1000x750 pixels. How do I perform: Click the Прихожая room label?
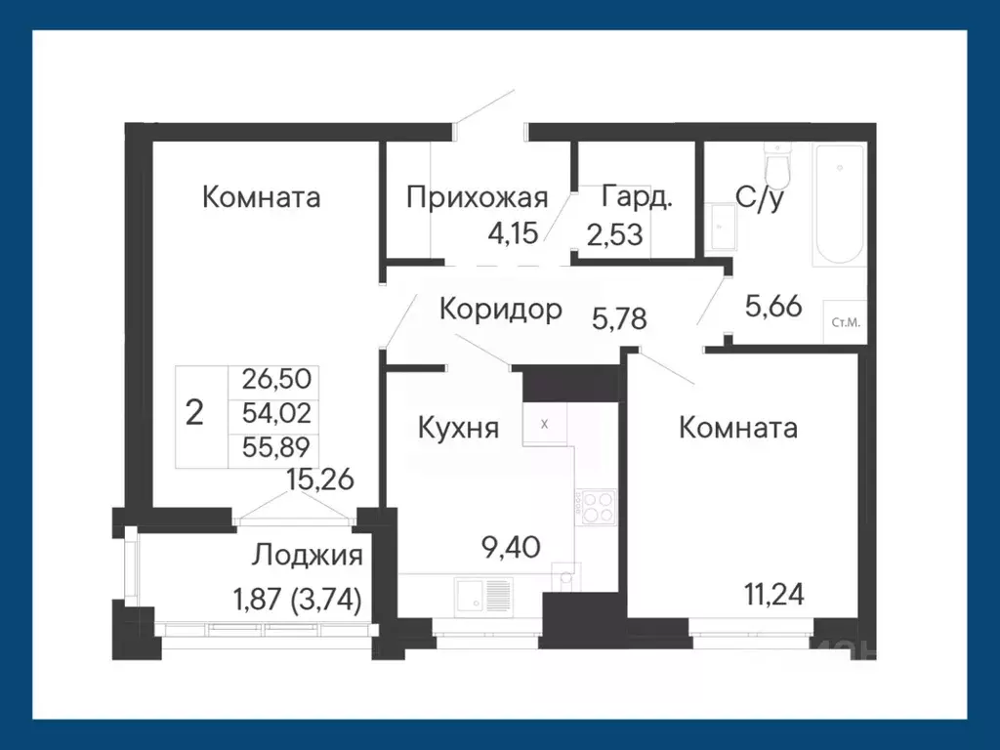(476, 197)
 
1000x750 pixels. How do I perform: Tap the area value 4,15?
(513, 234)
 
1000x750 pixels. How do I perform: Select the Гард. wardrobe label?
(637, 197)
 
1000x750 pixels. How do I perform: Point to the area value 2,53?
(614, 235)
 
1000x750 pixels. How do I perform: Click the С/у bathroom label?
(762, 198)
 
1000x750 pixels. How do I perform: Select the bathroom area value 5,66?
(773, 307)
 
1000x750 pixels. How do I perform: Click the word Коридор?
(500, 310)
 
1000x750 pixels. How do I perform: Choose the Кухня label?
(459, 428)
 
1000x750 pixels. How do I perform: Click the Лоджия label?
(308, 557)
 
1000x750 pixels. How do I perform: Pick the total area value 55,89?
(274, 448)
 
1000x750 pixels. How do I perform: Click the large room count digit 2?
(195, 413)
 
